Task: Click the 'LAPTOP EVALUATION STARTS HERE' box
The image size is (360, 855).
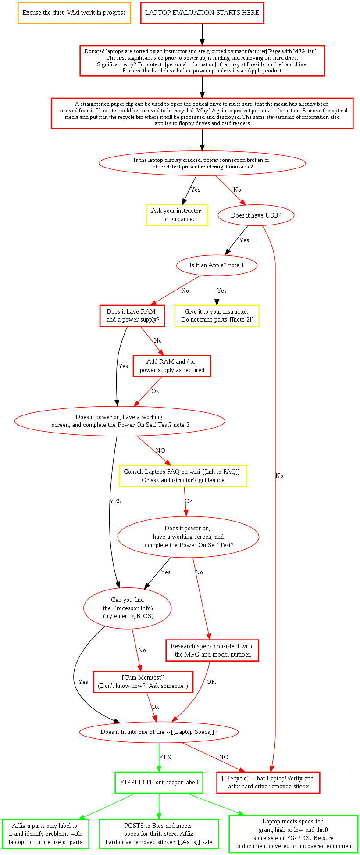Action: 202,13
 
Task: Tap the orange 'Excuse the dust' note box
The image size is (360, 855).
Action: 74,13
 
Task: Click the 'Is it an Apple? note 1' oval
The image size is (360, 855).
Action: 217,265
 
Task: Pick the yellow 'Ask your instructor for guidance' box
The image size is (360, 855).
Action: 177,215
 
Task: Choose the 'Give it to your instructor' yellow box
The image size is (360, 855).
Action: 217,315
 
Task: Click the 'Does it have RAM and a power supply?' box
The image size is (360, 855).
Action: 132,315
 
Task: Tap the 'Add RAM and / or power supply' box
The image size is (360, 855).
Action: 172,366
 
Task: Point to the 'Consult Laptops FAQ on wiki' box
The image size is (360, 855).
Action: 183,476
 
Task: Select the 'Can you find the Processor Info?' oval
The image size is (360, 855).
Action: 128,608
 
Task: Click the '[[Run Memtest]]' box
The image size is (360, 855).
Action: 143,682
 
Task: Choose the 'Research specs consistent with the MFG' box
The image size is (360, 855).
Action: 212,650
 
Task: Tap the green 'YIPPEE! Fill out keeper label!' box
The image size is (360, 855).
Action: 159,782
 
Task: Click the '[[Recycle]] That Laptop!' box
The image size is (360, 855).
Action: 268,782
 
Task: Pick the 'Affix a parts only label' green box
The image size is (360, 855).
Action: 45,834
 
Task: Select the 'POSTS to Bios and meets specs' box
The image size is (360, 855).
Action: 159,834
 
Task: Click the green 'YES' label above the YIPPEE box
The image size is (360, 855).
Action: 165,757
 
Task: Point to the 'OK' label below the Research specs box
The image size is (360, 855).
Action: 211,682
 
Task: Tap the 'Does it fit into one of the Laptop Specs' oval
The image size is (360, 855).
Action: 159,732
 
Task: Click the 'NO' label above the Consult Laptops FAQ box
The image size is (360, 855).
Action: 160,451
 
